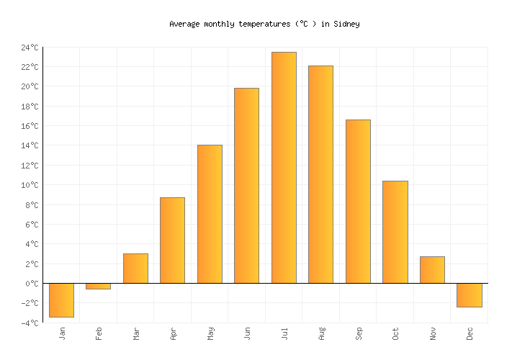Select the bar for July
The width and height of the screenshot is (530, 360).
click(x=284, y=167)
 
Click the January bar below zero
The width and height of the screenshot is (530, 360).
click(x=61, y=300)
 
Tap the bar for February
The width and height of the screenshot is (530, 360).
click(x=99, y=286)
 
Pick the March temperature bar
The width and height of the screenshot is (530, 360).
click(x=135, y=268)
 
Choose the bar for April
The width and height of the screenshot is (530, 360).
click(x=172, y=240)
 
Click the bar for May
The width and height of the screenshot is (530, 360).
click(x=210, y=214)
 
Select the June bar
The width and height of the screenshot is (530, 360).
click(x=246, y=185)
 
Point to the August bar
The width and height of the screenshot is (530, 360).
click(x=320, y=174)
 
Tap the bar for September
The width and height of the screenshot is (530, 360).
click(x=358, y=201)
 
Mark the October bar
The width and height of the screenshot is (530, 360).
click(x=395, y=232)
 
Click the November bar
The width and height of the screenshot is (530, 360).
click(x=432, y=269)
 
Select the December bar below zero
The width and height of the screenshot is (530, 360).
click(x=469, y=294)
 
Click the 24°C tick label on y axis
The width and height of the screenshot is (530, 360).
click(x=30, y=48)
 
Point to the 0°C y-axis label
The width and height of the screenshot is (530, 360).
click(x=32, y=284)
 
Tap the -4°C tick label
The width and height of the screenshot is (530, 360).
click(x=30, y=323)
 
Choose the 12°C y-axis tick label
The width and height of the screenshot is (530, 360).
click(x=30, y=166)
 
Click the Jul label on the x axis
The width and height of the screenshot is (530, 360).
click(x=284, y=333)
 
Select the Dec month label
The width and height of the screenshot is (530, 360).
click(x=470, y=333)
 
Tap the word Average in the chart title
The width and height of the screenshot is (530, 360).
click(x=184, y=24)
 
